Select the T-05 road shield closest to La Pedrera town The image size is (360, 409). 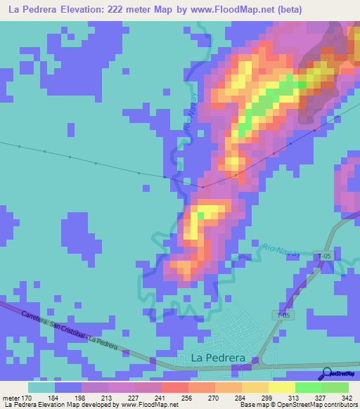(x=283, y=315)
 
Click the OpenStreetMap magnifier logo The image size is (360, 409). (x=327, y=374)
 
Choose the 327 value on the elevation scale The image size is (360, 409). (x=309, y=398)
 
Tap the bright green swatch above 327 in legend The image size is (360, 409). (x=309, y=387)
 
